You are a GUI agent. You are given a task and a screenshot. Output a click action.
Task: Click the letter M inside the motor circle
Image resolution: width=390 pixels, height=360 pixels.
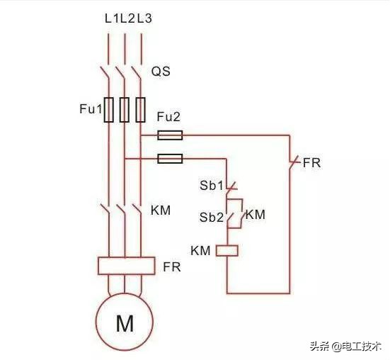point(125,325)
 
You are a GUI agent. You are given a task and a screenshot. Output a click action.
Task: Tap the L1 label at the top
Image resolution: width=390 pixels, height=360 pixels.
point(110,18)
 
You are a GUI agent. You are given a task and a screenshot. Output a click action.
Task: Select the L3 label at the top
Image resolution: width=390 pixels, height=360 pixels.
point(144,18)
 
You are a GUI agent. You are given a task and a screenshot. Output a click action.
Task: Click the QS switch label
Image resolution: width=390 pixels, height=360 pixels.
point(161,72)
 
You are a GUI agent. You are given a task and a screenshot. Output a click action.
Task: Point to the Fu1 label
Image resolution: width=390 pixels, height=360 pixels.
point(91,110)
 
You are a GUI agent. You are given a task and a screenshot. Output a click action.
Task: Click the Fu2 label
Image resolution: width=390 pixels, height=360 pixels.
point(168,117)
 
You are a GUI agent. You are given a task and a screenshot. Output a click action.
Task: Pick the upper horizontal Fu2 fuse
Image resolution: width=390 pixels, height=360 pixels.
point(170,135)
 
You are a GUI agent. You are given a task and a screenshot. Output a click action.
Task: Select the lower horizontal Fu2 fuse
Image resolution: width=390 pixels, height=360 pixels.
point(170,159)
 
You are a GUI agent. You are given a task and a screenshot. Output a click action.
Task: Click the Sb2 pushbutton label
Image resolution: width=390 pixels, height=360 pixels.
point(212,217)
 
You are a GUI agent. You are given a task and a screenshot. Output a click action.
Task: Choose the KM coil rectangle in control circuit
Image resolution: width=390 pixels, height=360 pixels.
point(227,250)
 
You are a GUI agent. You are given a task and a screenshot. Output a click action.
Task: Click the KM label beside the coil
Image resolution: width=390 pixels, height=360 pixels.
point(201,250)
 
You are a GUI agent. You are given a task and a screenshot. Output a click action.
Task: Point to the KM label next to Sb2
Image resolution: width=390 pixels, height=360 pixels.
point(256,214)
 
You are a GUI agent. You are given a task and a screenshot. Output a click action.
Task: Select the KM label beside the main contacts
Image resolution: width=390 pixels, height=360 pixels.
point(162,210)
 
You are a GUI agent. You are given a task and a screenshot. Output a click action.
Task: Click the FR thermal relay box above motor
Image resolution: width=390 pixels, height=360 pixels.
point(125,266)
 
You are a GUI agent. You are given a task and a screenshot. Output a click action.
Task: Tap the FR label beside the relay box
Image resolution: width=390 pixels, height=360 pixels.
point(172,267)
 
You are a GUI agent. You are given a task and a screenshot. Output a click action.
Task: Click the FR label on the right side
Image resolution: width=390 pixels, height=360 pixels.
point(311,163)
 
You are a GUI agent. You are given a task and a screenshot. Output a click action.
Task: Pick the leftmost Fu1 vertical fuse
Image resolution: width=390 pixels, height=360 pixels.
point(109,110)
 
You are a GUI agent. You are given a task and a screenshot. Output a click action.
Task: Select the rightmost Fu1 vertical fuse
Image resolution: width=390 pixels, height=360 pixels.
point(141,110)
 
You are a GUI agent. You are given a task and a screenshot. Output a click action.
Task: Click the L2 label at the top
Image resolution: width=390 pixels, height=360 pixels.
point(127,18)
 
